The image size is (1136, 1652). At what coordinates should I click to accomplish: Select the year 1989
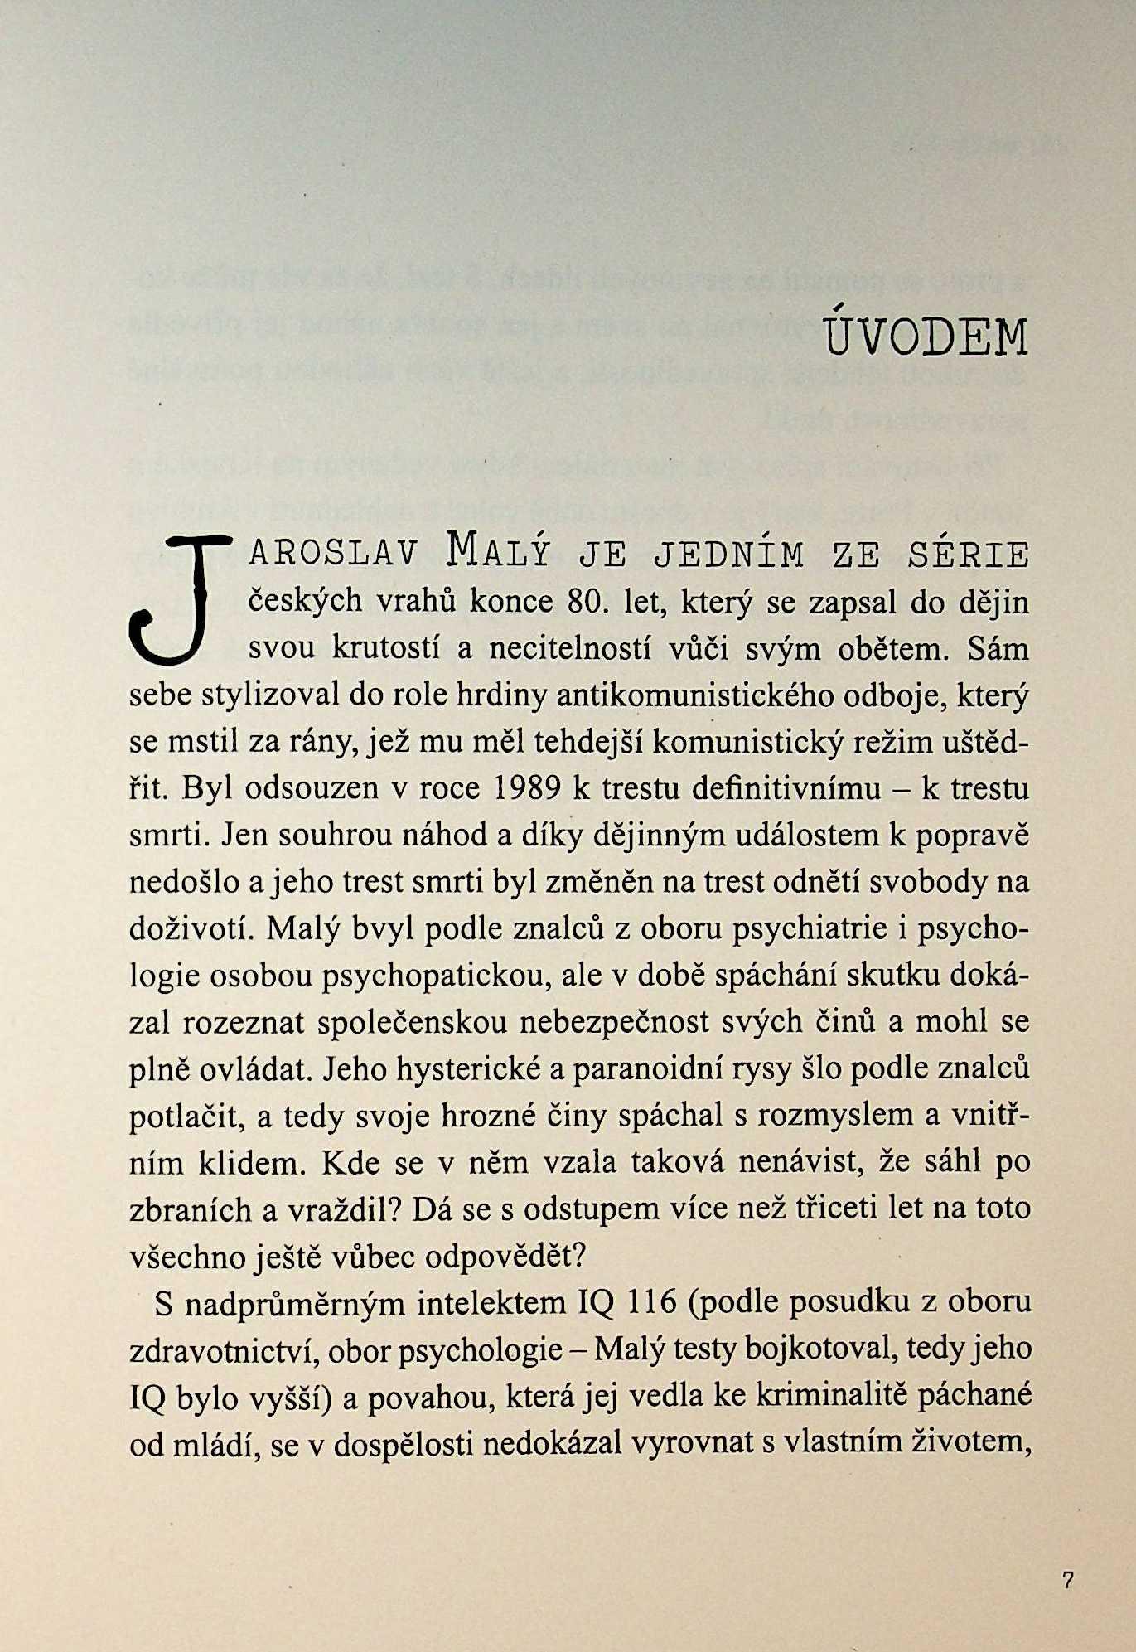[527, 787]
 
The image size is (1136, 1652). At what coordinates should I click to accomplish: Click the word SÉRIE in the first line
[969, 555]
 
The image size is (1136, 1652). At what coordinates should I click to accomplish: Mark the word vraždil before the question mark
[336, 1210]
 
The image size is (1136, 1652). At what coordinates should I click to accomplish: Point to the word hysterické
[468, 1069]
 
